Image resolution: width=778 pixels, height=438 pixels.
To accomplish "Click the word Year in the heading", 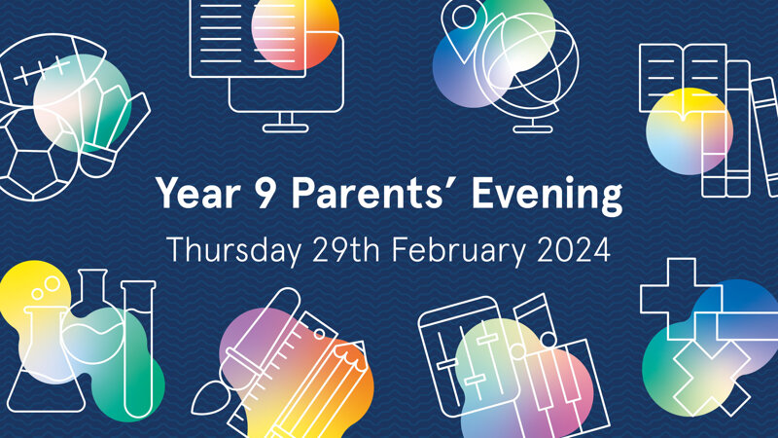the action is (198, 193).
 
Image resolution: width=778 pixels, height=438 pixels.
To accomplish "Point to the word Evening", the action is (547, 196).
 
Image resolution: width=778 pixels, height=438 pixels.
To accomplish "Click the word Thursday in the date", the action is (234, 250).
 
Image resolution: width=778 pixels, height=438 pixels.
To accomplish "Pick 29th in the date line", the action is (346, 249).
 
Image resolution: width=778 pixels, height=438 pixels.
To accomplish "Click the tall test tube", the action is (138, 347).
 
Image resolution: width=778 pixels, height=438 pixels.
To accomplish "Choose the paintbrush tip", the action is (206, 400).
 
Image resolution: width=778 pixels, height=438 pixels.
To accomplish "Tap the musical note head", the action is (548, 340).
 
